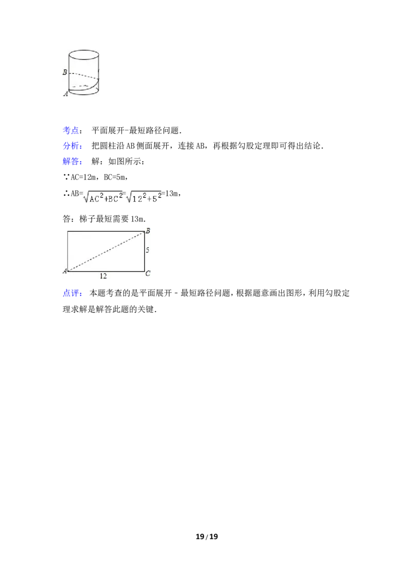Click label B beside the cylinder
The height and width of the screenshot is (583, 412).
pos(65,72)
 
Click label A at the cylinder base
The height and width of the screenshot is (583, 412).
pos(66,94)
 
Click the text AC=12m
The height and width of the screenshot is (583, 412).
pos(83,177)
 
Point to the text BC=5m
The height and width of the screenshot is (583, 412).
pos(115,177)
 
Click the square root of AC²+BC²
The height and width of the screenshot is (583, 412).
pos(102,196)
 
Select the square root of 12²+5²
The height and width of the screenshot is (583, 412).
pos(144,196)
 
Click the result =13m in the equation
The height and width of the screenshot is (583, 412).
pos(170,193)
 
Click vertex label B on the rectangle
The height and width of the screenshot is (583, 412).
pos(148,231)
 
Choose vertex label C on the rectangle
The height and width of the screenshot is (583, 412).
pos(148,273)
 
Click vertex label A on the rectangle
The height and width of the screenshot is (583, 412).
pos(65,271)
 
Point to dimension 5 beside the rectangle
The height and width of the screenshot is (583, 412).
pos(147,250)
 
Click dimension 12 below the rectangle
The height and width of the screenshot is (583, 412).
pos(104,276)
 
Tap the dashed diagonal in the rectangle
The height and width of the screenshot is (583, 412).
pos(106,252)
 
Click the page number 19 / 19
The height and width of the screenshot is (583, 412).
pos(207,537)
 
